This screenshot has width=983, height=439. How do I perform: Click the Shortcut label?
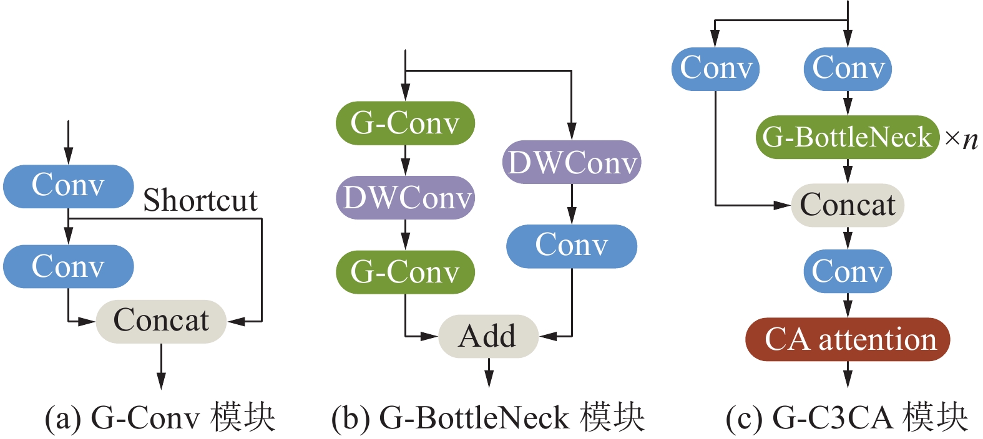pyautogui.click(x=200, y=201)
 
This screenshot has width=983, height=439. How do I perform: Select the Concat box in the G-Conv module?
pyautogui.click(x=161, y=321)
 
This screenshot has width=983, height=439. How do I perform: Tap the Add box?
pyautogui.click(x=488, y=336)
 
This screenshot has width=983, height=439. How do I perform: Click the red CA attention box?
pyautogui.click(x=848, y=339)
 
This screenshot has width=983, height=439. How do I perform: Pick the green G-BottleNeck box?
pyautogui.click(x=847, y=137)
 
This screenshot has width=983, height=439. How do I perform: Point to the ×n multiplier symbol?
pyautogui.click(x=961, y=138)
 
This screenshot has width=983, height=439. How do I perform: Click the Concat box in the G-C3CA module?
pyautogui.click(x=848, y=205)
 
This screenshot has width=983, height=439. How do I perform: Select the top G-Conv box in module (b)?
pyautogui.click(x=405, y=123)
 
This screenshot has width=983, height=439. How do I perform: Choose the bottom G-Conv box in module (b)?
pyautogui.click(x=405, y=272)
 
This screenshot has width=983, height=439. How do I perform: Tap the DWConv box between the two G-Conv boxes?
pyautogui.click(x=405, y=198)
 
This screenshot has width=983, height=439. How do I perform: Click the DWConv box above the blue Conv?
pyautogui.click(x=571, y=162)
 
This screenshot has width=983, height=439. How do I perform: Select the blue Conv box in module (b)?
pyautogui.click(x=571, y=246)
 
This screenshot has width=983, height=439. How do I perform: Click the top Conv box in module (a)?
pyautogui.click(x=68, y=186)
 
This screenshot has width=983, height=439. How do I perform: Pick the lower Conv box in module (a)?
pyautogui.click(x=68, y=266)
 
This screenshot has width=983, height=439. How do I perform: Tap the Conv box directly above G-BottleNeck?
pyautogui.click(x=848, y=69)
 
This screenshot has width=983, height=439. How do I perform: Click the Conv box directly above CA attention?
pyautogui.click(x=848, y=271)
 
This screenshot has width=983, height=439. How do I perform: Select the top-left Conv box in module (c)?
pyautogui.click(x=715, y=69)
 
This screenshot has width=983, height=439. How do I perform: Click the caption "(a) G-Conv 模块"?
pyautogui.click(x=160, y=417)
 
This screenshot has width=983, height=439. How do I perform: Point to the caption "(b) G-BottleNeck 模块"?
pyautogui.click(x=488, y=417)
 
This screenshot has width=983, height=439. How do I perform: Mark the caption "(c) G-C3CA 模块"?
pyautogui.click(x=847, y=417)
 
